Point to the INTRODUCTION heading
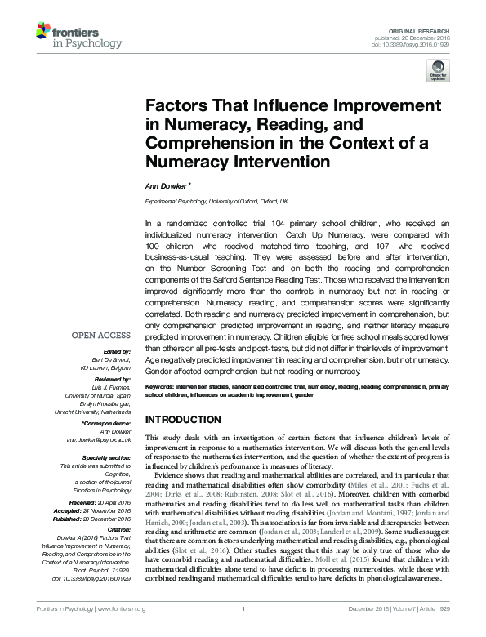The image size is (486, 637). pos(184,420)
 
